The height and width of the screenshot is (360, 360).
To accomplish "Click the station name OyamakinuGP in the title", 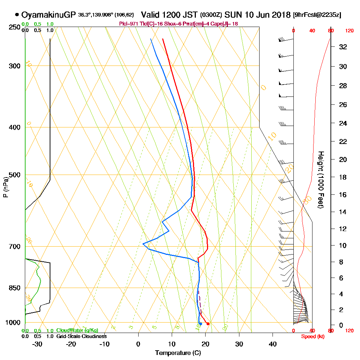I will point(49,15).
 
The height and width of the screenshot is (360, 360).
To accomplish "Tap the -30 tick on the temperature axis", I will point(37,344).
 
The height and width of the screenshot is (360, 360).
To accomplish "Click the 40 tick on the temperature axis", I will point(273,344).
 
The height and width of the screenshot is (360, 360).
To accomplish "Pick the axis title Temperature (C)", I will point(178,353).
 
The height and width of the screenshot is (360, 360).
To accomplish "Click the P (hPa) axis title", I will point(5,187).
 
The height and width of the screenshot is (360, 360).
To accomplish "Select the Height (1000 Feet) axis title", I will point(320,180).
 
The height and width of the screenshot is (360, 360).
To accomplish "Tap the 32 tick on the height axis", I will point(343,47).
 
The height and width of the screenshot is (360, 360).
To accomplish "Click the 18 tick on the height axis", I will point(343,177).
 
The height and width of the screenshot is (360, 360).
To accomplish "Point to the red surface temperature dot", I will point(208,324).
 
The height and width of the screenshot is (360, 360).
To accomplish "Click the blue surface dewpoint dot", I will point(201,324).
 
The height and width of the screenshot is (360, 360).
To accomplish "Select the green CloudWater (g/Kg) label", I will point(77,330).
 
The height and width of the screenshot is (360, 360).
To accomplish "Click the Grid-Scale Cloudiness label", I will point(81,336).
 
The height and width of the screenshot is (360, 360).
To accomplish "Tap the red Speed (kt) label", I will point(312,337).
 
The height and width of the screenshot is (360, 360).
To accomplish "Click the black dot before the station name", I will point(17,15).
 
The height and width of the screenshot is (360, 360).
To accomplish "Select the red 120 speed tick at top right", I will point(349,31).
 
